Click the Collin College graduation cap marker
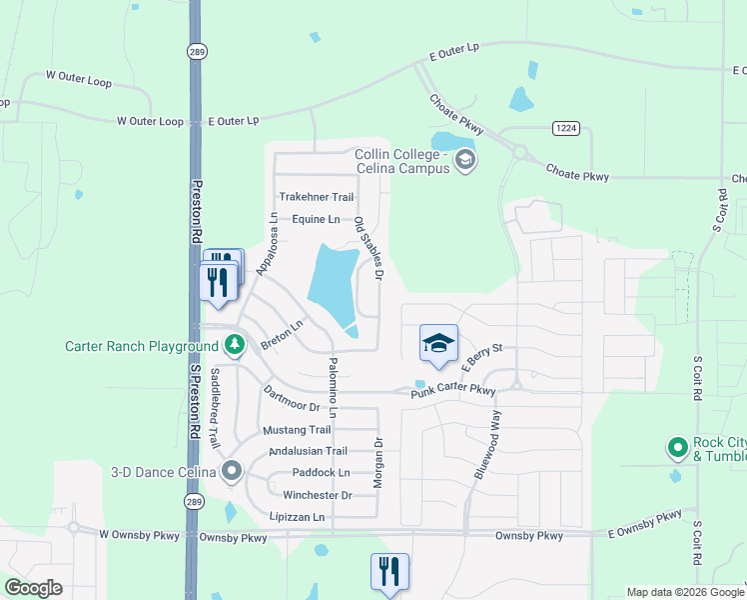coord(464,159)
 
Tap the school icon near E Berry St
coord(438,345)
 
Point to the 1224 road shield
coord(564,128)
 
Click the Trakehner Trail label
coord(317,197)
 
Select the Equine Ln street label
coord(317,219)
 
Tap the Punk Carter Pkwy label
coord(453,391)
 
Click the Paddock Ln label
coord(321,472)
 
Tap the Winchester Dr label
coord(318,495)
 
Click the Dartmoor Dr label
coord(292,399)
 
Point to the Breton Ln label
coord(282,335)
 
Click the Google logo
coord(34,588)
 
